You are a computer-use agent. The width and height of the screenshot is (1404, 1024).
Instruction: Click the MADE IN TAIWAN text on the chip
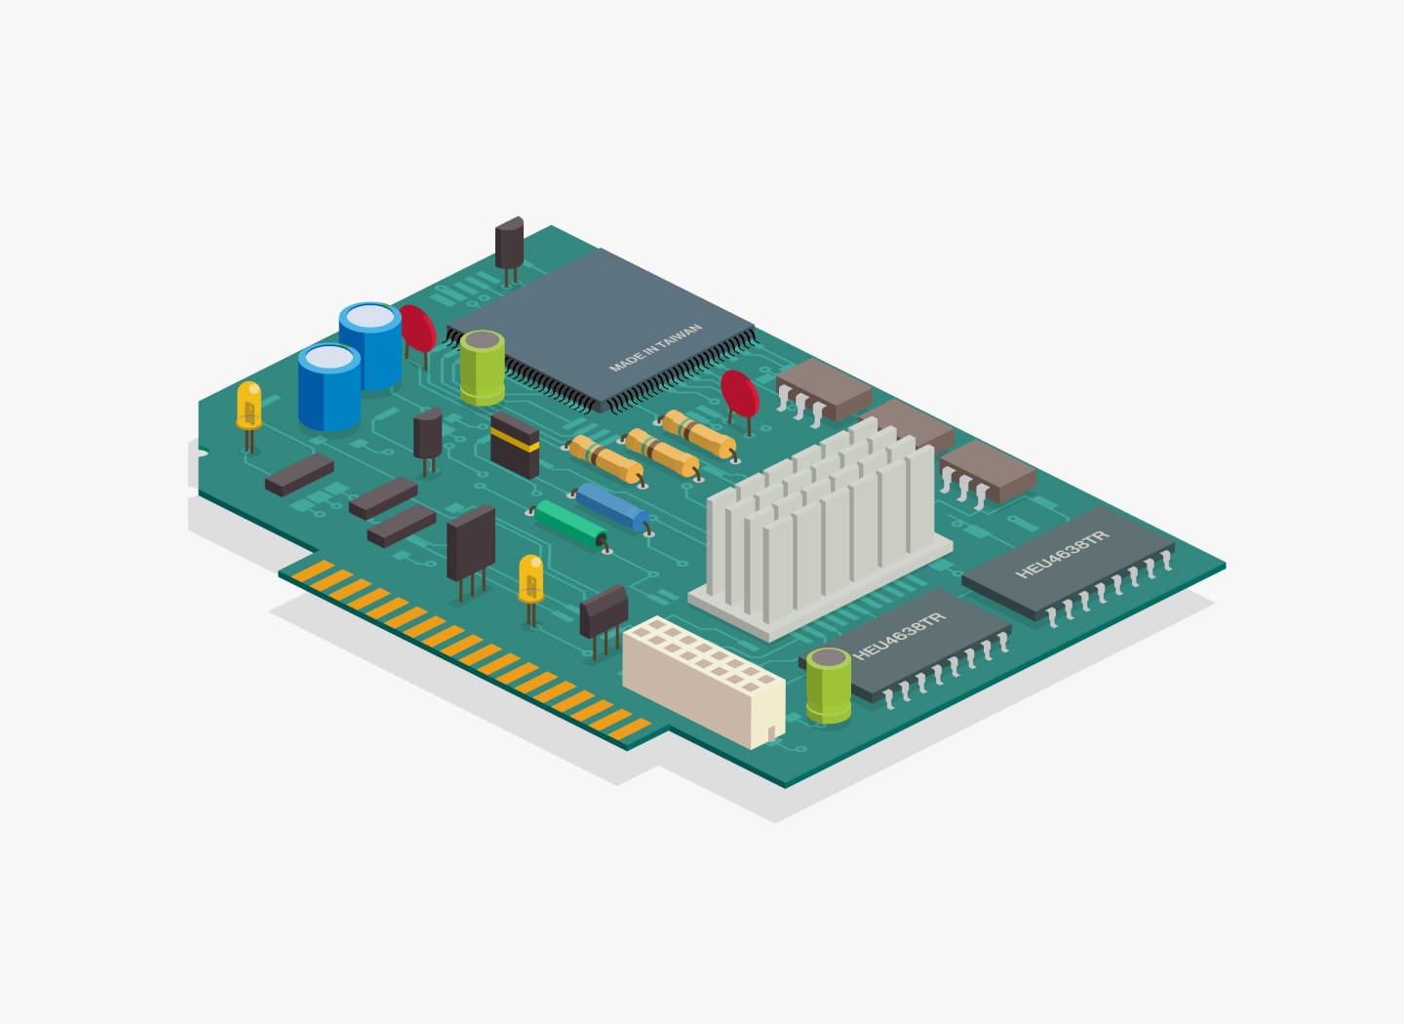point(655,348)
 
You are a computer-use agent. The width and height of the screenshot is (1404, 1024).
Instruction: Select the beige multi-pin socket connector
point(704,682)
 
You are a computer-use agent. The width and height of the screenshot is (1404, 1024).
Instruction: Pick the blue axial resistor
point(610,507)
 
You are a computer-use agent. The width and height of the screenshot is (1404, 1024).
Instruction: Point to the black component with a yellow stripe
point(515,445)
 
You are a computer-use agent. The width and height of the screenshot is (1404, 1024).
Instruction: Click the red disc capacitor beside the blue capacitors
point(418,329)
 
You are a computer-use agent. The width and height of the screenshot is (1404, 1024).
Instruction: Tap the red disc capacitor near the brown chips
point(740,394)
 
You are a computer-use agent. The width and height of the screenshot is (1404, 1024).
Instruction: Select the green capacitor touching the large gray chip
point(482,368)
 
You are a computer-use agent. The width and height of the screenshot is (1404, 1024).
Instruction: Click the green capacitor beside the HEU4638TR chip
point(828,686)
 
